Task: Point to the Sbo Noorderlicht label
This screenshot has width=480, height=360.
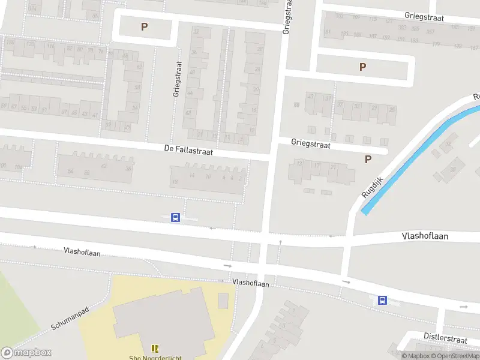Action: (x=154, y=358)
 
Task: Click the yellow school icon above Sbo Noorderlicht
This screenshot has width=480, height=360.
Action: (x=155, y=348)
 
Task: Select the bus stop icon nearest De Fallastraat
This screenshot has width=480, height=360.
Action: (x=176, y=218)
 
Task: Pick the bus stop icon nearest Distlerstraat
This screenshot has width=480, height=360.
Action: (x=382, y=301)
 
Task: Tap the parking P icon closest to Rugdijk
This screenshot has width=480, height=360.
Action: (x=368, y=159)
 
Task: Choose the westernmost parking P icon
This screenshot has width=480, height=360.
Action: (x=144, y=26)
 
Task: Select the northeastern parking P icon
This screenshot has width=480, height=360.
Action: (x=362, y=67)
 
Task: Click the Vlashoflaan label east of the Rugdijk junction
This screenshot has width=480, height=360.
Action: (x=425, y=236)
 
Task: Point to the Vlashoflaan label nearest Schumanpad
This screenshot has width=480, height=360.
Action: (x=82, y=253)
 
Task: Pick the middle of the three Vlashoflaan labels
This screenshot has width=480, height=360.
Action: (x=251, y=283)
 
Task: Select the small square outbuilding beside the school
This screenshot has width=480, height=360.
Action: (x=223, y=300)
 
